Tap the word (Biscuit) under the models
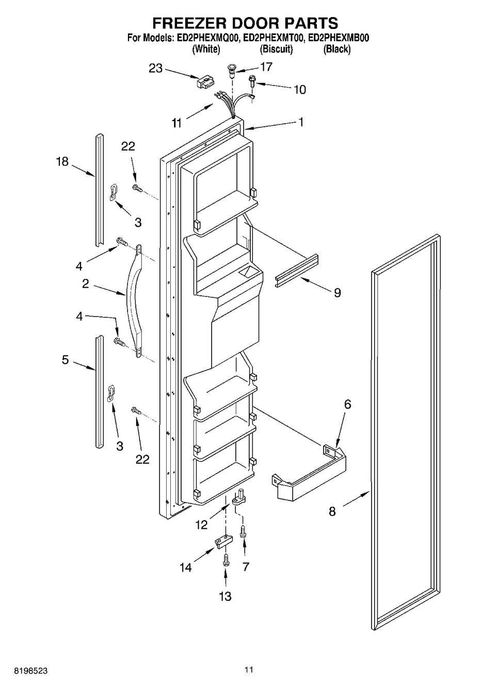coord(276,49)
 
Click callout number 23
coord(155,68)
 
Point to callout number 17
coord(266,66)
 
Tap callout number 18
coord(62,161)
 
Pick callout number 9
coord(337,293)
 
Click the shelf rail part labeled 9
coord(297,271)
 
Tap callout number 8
coord(332,511)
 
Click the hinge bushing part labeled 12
coord(239,499)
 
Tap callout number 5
coord(65,359)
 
